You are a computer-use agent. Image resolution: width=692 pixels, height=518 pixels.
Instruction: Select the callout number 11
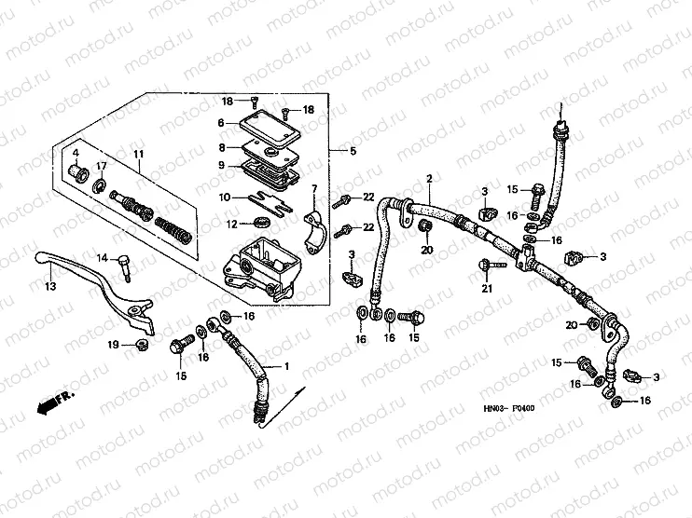(137, 155)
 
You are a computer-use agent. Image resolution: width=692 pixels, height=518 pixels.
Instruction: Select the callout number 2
(430, 179)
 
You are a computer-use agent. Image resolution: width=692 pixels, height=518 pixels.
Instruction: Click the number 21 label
(485, 289)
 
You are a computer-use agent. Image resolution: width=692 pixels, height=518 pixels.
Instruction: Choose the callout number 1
(286, 366)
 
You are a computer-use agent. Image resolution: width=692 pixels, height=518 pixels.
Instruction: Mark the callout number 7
(314, 189)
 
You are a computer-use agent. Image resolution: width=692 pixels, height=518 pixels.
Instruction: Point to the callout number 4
(76, 153)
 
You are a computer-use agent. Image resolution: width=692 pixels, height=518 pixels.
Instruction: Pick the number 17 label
(102, 167)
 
